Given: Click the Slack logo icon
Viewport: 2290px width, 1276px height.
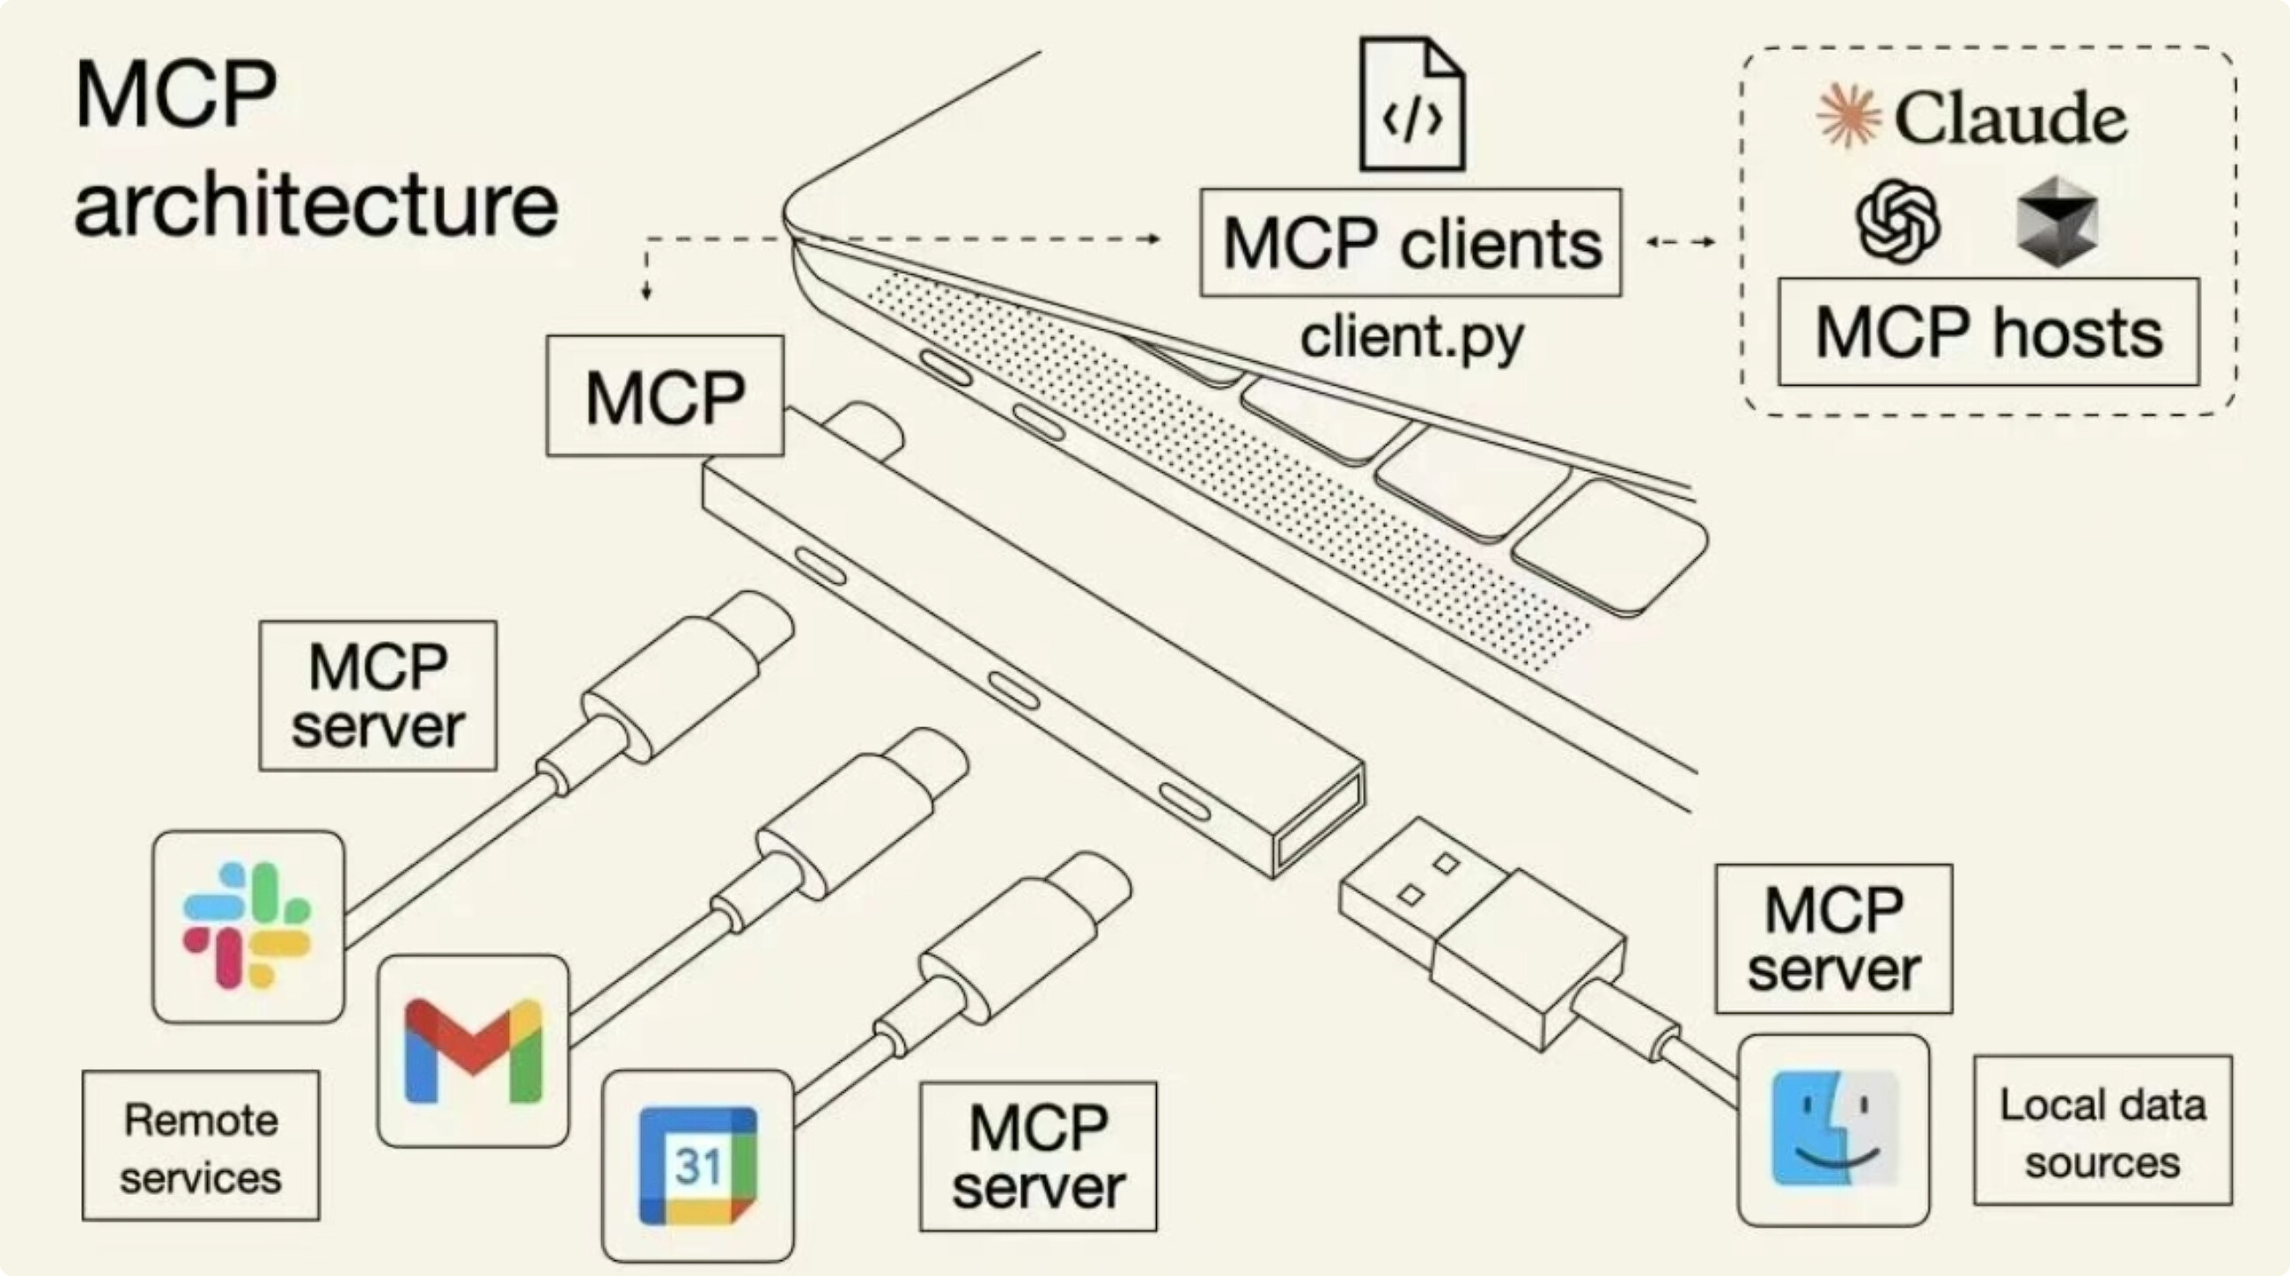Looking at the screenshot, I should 247,926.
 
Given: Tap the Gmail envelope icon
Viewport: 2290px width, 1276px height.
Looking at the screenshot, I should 473,1051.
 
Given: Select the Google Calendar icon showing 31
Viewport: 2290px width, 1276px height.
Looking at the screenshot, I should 698,1165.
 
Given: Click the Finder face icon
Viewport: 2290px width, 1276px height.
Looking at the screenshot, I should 1834,1129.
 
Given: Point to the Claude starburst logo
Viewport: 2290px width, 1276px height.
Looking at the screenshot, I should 1849,116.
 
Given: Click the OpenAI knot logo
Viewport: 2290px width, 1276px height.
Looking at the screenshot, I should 1898,221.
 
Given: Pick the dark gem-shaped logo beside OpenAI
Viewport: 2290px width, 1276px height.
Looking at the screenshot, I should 2057,221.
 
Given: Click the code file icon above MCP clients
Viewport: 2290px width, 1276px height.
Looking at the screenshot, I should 1411,104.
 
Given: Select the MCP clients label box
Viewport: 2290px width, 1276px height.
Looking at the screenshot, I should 1410,243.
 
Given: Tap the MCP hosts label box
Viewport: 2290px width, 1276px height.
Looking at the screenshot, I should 1989,333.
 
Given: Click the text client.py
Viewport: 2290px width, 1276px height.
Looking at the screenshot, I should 1411,338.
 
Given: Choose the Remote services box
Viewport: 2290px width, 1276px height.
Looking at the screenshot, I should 201,1146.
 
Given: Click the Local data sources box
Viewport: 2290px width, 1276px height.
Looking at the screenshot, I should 2102,1130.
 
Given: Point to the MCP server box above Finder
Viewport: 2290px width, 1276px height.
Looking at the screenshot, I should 1833,939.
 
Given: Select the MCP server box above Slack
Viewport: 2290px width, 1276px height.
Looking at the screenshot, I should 378,696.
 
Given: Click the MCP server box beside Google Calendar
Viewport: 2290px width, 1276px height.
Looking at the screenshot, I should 1038,1157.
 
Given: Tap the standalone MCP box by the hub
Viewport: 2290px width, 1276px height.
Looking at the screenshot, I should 665,395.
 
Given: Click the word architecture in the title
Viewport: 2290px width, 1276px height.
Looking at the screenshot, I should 316,206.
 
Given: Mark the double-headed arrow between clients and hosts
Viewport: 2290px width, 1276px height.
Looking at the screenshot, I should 1680,242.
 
